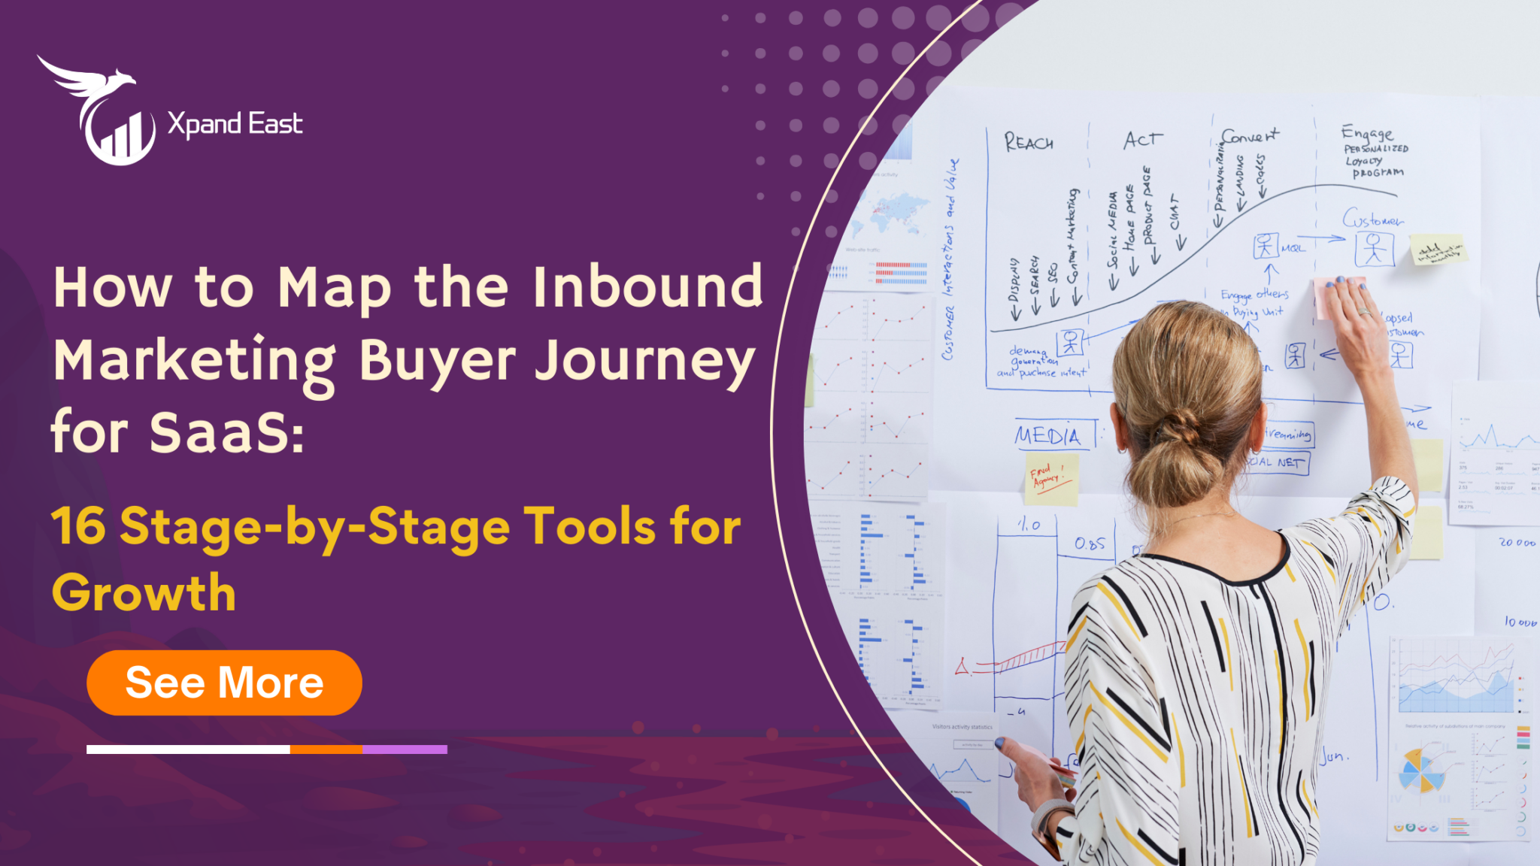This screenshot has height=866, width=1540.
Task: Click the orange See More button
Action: click(x=224, y=683)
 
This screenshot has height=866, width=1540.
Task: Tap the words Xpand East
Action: click(x=235, y=124)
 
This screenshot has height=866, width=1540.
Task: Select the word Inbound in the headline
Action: click(x=647, y=287)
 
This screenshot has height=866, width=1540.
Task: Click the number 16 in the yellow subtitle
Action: click(x=79, y=526)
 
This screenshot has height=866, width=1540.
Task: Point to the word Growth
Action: click(x=144, y=593)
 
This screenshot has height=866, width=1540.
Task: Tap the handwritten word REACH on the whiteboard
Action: click(x=1029, y=142)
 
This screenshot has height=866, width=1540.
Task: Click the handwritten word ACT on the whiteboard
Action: click(x=1142, y=140)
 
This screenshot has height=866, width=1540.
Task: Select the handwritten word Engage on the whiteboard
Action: click(x=1366, y=133)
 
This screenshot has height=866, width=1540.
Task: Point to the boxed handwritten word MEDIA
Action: click(x=1048, y=436)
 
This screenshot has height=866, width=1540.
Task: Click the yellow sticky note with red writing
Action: click(x=1051, y=477)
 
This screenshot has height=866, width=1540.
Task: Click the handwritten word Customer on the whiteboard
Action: click(x=1372, y=219)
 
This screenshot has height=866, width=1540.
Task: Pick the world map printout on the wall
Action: click(x=898, y=211)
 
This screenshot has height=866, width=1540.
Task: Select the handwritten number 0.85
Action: click(x=1090, y=544)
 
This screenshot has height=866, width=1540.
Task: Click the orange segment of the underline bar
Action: click(x=326, y=749)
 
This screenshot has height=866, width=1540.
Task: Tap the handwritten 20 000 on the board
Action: click(x=1517, y=543)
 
